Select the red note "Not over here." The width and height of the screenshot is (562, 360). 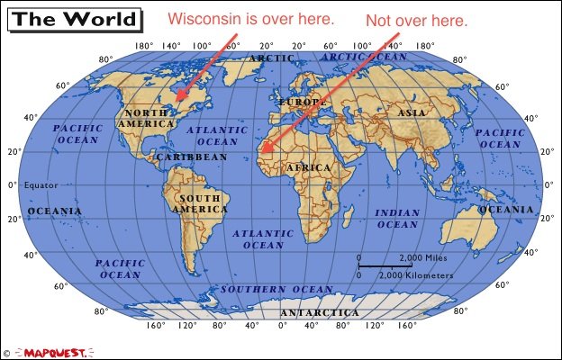(x=416, y=20)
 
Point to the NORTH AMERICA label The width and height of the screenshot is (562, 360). (x=146, y=118)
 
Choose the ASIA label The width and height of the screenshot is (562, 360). (x=412, y=113)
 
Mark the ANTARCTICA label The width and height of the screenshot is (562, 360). (x=317, y=312)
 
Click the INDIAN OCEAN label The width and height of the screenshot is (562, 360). (x=397, y=218)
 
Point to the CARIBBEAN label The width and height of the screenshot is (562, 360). (x=192, y=157)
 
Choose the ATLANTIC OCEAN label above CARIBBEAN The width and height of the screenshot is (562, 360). (x=216, y=136)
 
